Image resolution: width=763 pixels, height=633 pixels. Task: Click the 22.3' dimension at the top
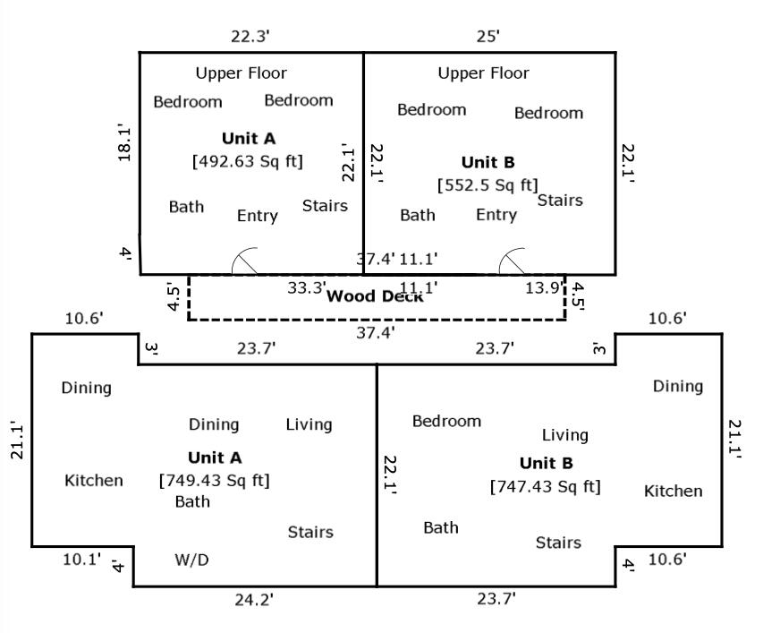[250, 36]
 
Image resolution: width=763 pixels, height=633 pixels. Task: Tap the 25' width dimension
[488, 36]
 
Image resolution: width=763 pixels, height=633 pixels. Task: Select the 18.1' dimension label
[124, 143]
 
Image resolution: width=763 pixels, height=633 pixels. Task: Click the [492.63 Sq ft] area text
[248, 161]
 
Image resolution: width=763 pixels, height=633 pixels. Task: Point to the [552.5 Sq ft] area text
[487, 185]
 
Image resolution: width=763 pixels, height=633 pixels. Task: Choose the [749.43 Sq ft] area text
[214, 480]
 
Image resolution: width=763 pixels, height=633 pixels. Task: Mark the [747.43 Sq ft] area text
[545, 486]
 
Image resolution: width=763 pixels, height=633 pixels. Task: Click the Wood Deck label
[375, 296]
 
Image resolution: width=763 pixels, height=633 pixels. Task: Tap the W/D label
[191, 560]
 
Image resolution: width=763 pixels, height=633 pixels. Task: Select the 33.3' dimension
[306, 288]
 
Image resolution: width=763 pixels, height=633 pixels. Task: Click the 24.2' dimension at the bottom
[254, 599]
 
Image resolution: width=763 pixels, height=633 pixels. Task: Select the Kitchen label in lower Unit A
[94, 481]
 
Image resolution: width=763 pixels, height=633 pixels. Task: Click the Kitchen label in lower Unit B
[673, 491]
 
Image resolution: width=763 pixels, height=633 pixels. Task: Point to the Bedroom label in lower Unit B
[446, 421]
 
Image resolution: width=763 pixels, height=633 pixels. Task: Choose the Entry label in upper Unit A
[258, 216]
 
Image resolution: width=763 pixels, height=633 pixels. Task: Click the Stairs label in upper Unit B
[560, 200]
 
